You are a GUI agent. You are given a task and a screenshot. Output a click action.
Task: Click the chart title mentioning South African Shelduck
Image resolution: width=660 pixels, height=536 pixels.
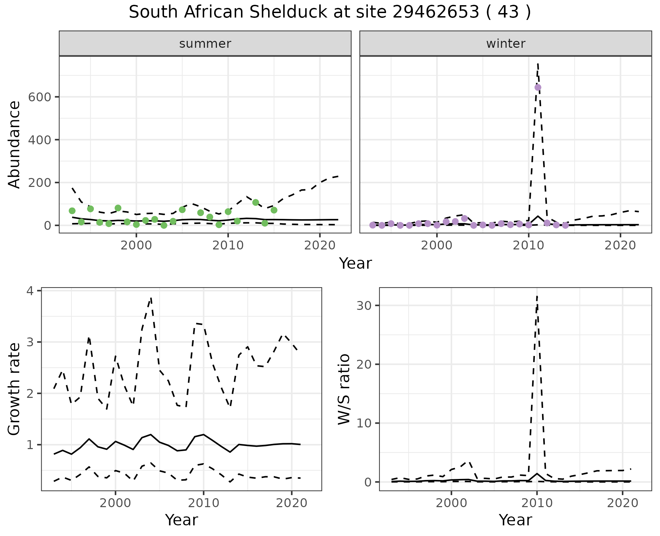click(330, 12)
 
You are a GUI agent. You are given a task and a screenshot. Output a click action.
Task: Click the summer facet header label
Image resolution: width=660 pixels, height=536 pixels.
click(205, 44)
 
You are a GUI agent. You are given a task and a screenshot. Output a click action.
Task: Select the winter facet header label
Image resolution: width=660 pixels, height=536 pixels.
click(506, 44)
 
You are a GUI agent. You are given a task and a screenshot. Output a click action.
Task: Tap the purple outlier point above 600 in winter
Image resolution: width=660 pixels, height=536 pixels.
click(538, 87)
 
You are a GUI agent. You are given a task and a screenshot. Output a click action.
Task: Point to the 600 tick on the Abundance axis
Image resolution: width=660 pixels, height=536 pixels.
click(41, 97)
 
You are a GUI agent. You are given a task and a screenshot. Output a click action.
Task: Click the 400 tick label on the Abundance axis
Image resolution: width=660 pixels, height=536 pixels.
click(41, 140)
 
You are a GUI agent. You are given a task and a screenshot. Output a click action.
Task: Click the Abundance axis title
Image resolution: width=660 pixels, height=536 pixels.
click(14, 144)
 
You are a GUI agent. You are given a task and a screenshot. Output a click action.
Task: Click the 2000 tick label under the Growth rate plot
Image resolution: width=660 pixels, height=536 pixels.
click(115, 503)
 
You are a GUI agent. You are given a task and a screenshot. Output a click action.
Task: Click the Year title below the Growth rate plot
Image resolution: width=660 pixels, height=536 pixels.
click(181, 520)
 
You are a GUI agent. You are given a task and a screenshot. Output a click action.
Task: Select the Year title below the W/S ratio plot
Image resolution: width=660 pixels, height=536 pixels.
click(515, 520)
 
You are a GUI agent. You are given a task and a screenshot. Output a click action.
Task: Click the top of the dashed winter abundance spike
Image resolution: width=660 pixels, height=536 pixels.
click(538, 63)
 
